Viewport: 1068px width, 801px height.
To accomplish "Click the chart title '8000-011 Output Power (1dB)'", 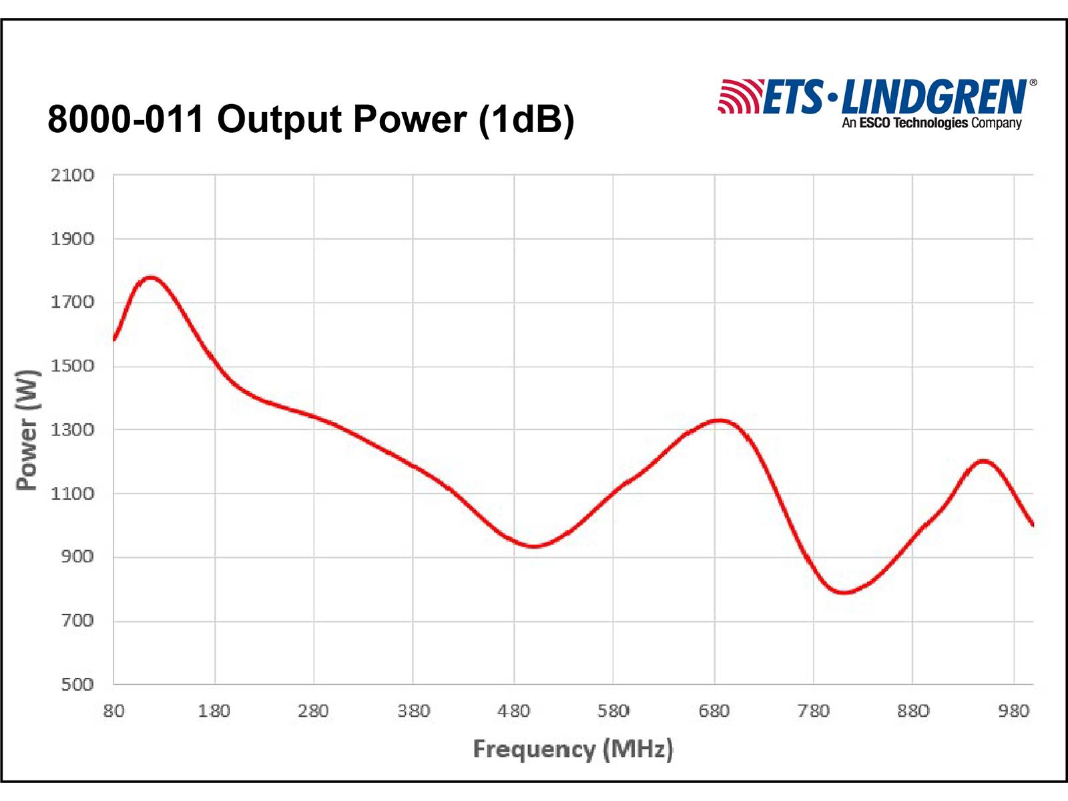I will [311, 119].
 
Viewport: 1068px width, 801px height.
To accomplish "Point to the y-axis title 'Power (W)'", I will [27, 430].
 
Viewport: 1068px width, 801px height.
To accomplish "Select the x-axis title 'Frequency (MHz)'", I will [573, 749].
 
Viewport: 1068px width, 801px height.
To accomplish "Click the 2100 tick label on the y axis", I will [72, 176].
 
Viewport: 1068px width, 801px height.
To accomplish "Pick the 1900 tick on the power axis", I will [72, 239].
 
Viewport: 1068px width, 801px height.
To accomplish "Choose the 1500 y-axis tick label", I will [72, 366].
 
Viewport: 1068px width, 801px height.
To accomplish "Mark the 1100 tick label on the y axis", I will [72, 494].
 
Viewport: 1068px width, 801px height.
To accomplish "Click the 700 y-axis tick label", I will [77, 621].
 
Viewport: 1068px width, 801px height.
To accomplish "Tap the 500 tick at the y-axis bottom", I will [77, 684].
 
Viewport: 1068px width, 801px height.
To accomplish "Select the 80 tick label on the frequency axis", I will [113, 712].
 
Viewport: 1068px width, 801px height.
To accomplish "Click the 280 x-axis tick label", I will [313, 712].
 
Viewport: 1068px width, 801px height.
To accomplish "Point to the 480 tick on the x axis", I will [513, 712].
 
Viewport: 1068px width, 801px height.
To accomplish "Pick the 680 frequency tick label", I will [714, 712].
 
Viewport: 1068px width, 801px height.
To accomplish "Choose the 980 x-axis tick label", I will [1013, 712].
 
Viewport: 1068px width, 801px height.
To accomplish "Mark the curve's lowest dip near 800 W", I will [844, 591].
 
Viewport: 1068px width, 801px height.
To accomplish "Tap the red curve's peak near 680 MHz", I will [718, 421].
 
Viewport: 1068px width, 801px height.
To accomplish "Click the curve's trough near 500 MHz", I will [534, 546].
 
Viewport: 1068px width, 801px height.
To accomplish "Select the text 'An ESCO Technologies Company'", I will [931, 123].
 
